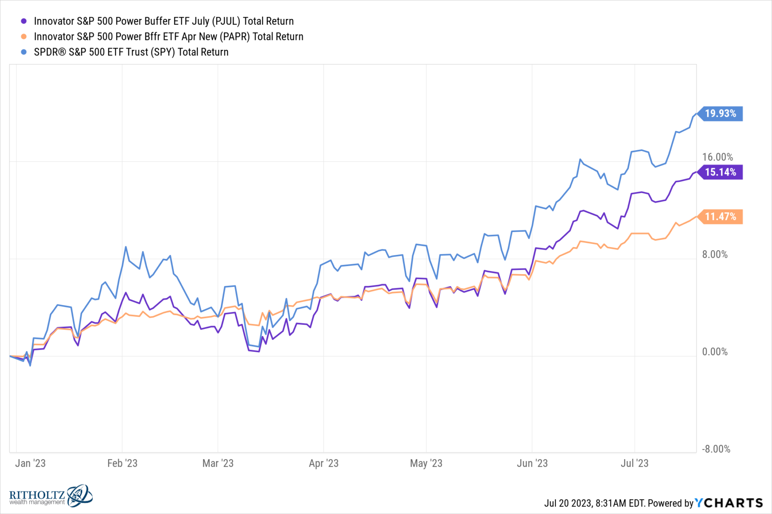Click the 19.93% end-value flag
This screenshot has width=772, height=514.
721,114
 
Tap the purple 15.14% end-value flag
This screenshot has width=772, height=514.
721,172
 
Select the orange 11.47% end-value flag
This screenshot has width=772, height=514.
721,217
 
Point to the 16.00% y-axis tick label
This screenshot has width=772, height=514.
718,157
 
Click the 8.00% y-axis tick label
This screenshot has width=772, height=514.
715,254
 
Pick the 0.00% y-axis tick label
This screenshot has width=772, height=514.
715,352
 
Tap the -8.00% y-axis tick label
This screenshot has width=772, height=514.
716,449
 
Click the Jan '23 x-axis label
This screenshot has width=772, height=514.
30,463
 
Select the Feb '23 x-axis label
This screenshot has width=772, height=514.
122,463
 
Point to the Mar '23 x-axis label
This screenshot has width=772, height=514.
218,463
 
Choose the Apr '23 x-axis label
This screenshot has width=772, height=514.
324,463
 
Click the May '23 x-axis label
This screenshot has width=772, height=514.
426,463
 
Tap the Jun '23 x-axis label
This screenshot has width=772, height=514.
532,463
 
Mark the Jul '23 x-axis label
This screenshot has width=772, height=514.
635,463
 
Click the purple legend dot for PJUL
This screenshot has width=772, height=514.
24,21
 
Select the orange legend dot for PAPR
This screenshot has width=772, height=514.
24,36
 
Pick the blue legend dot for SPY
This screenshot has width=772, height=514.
24,52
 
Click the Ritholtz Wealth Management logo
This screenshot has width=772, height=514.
51,497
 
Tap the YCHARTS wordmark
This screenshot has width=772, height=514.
729,503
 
